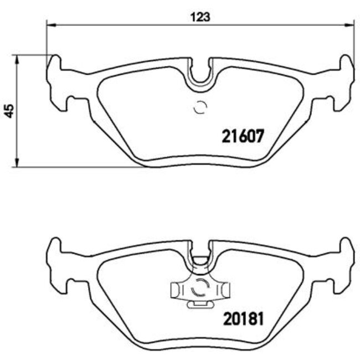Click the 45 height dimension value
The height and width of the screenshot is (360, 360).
pyautogui.click(x=8, y=110)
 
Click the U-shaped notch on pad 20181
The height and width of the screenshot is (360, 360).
pyautogui.click(x=200, y=256)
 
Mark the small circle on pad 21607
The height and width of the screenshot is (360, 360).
pyautogui.click(x=200, y=108)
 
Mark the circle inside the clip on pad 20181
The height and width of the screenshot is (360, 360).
pyautogui.click(x=199, y=289)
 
